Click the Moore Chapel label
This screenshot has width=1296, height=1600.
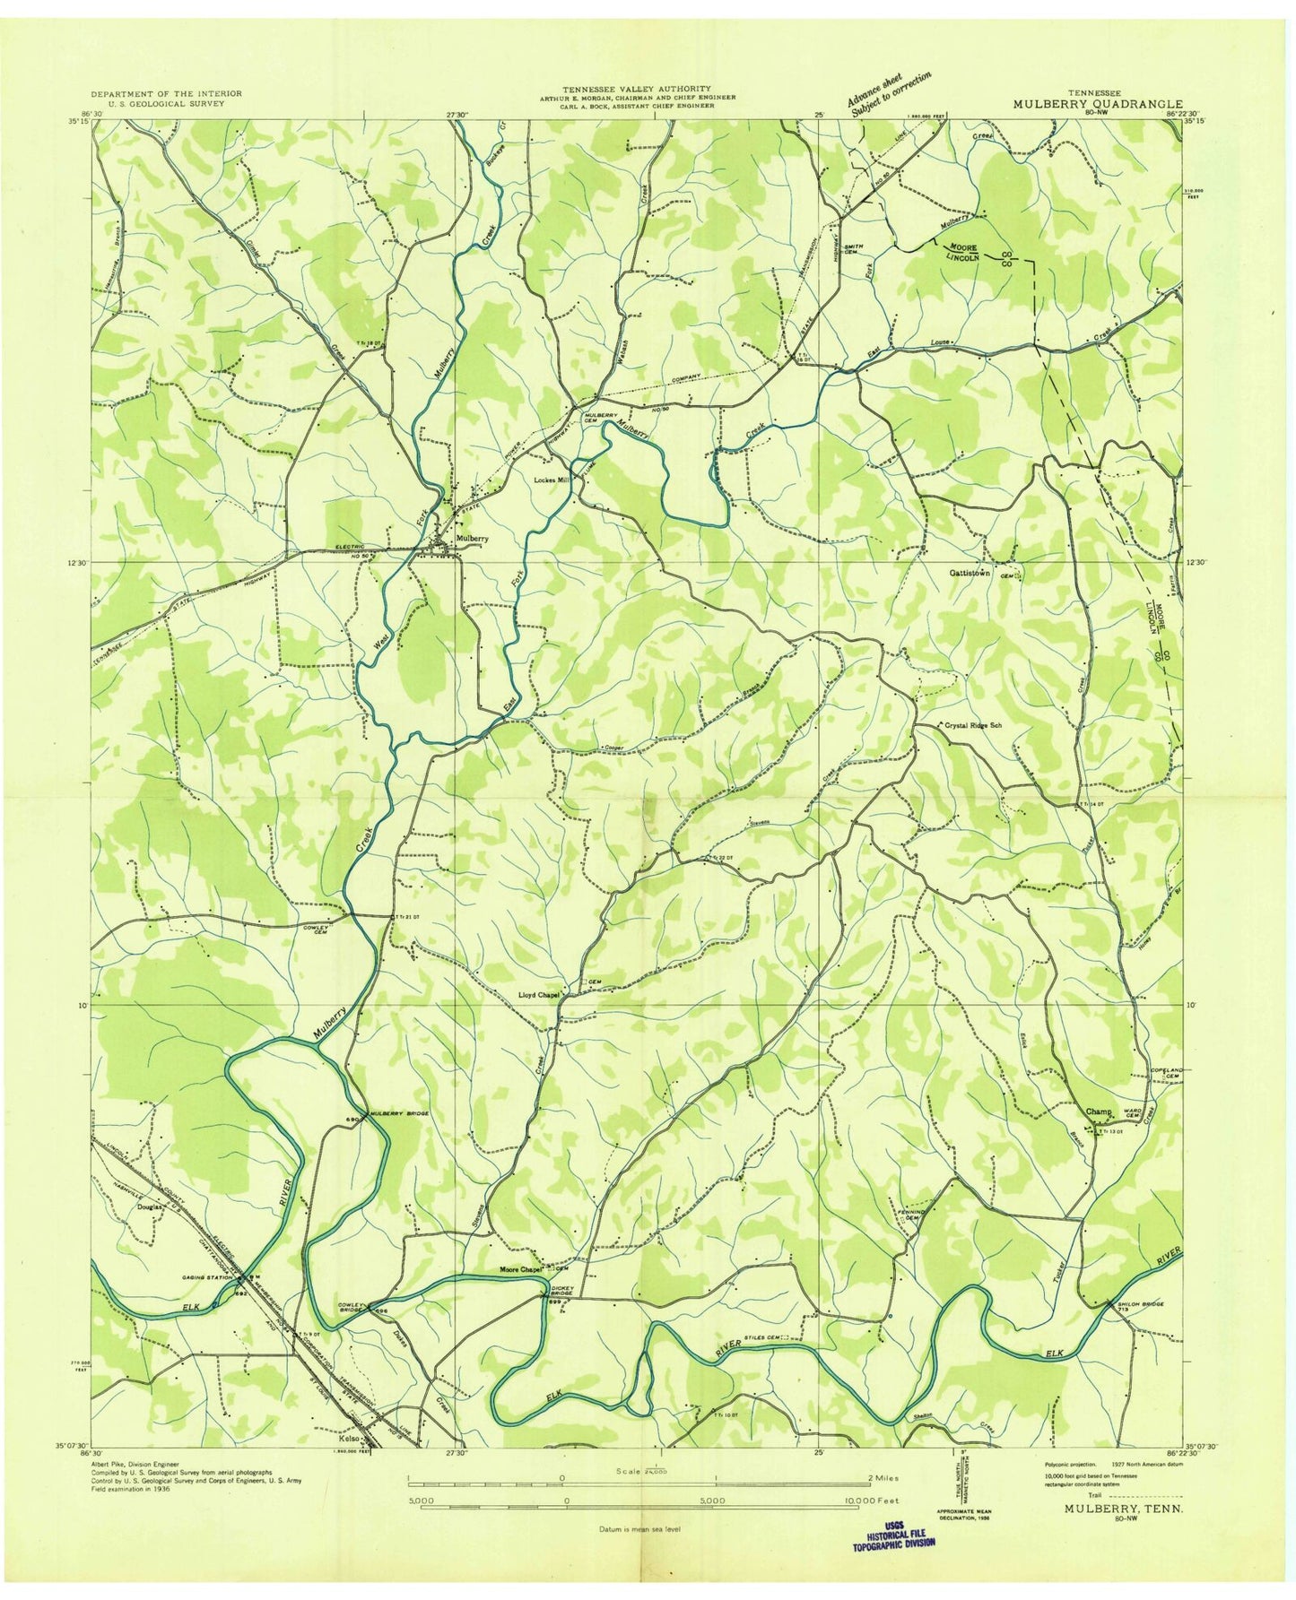pos(523,1270)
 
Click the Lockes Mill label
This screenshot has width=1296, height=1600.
pos(552,480)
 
